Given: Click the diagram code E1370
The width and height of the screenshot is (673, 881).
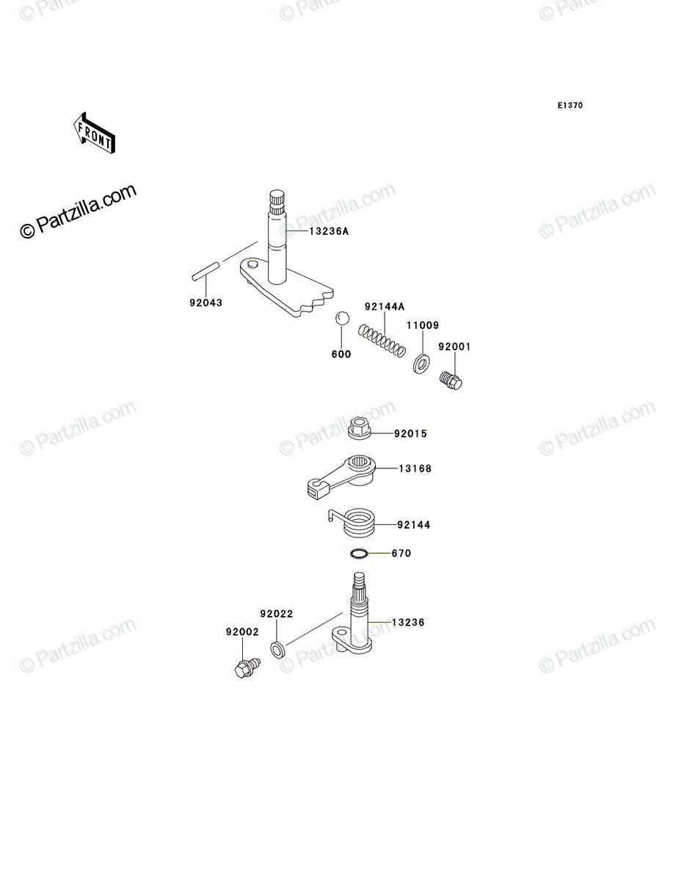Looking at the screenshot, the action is tap(570, 106).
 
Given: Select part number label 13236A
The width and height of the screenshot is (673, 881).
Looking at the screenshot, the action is tap(329, 231).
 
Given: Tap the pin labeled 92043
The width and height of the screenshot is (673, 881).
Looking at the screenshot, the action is tap(205, 272).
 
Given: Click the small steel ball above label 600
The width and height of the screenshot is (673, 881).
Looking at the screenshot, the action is tap(342, 319).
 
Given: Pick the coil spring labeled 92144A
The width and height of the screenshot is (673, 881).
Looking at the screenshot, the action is tap(382, 341).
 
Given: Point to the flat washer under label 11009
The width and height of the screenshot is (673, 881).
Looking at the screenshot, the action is tap(421, 363).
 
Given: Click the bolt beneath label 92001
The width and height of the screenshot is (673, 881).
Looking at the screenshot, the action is tap(451, 380).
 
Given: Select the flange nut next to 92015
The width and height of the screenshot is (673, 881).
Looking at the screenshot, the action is tap(360, 428).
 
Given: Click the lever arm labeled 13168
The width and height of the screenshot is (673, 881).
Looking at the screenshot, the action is tap(341, 476).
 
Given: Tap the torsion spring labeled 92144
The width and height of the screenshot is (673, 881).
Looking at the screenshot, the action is tap(352, 523).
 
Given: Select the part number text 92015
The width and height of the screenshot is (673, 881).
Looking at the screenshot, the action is tap(411, 434).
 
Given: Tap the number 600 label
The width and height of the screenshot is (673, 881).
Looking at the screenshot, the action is tap(341, 355).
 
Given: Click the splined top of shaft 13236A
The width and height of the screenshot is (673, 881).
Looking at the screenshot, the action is tap(277, 203).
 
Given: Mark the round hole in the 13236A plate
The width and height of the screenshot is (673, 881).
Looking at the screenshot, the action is tap(252, 264).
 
